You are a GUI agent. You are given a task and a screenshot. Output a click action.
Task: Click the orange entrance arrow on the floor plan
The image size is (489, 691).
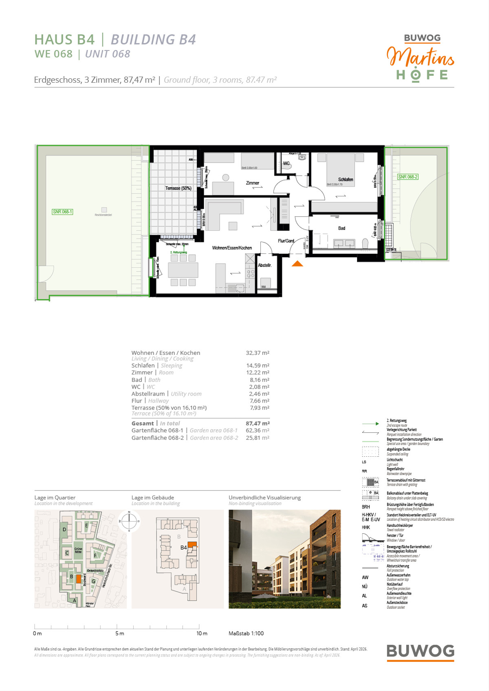(297, 264)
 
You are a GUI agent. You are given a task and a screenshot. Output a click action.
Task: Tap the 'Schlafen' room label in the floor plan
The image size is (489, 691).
(346, 179)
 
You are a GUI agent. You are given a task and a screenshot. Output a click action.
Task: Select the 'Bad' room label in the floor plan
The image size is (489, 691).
(341, 228)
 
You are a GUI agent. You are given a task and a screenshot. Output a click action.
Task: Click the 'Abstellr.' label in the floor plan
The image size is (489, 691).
(264, 265)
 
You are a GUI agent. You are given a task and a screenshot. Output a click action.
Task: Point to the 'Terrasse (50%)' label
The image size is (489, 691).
(178, 188)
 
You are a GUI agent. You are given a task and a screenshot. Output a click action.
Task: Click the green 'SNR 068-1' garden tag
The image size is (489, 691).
(62, 212)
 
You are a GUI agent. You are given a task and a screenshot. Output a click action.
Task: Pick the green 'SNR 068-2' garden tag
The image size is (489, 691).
(407, 177)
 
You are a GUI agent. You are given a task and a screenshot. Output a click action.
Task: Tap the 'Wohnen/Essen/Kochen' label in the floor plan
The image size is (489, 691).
(232, 248)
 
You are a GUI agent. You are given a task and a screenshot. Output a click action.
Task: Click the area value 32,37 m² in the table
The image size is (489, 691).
(258, 353)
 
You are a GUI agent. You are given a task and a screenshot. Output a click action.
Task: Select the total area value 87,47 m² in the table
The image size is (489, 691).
(258, 423)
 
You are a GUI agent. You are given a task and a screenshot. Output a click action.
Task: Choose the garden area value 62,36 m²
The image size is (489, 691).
(258, 430)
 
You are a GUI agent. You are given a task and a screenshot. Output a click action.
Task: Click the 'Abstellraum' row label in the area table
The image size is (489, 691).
(148, 394)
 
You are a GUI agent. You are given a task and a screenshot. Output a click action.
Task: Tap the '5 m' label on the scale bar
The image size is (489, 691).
(119, 634)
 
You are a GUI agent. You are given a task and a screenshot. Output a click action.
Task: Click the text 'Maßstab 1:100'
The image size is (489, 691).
(246, 634)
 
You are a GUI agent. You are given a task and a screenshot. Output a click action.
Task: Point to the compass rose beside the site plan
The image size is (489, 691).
(129, 521)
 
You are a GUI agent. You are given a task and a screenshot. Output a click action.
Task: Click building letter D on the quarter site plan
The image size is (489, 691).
(64, 530)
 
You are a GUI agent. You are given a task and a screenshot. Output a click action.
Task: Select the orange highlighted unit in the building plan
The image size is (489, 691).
(192, 544)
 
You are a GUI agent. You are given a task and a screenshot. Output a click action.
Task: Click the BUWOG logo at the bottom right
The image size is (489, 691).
(420, 651)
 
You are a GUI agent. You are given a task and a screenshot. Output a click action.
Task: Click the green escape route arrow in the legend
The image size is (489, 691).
(370, 424)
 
